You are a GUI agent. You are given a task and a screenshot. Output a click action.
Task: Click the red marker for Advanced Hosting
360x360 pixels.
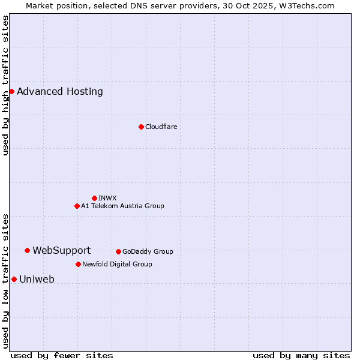click(x=11, y=91)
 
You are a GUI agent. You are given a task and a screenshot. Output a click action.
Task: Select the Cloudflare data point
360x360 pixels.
click(x=141, y=127)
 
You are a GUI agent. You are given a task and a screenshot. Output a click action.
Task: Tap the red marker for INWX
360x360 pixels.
click(x=94, y=198)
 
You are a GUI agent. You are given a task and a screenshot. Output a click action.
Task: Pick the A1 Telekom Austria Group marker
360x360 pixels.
click(x=77, y=206)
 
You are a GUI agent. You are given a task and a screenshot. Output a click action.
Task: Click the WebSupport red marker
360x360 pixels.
click(x=28, y=250)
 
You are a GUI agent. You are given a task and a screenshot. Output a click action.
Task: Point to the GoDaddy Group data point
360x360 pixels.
click(x=118, y=251)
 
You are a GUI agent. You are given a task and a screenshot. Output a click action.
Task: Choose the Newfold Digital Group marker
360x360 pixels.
click(x=78, y=264)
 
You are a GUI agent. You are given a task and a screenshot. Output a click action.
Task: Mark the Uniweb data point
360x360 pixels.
click(x=14, y=279)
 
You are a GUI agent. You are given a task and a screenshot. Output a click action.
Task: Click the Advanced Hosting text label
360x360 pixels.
click(x=60, y=92)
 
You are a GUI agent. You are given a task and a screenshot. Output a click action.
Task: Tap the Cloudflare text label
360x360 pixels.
click(x=161, y=127)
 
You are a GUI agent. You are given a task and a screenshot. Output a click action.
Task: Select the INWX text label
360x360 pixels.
click(x=107, y=198)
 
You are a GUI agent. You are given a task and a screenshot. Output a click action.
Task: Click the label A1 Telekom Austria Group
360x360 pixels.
click(x=122, y=206)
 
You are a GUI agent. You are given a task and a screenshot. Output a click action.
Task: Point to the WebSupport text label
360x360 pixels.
click(x=62, y=251)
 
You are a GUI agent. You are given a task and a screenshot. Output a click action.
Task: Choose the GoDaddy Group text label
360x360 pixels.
click(x=148, y=251)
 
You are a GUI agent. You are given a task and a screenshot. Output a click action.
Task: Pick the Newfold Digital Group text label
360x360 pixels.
click(x=117, y=264)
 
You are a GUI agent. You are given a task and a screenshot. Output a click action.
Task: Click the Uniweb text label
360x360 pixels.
click(x=37, y=280)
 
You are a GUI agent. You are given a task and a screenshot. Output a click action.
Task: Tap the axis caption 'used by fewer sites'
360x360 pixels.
click(x=62, y=355)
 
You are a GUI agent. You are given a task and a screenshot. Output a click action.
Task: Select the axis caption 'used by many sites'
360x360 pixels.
click(x=301, y=355)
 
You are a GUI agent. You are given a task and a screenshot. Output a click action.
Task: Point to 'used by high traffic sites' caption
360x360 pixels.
click(x=5, y=85)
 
